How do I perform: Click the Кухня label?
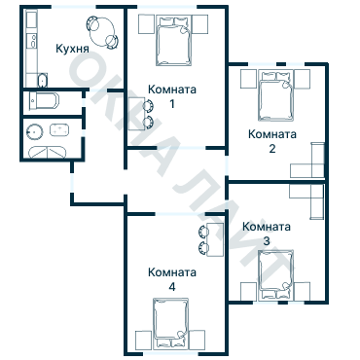[72, 49]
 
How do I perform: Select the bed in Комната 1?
[173, 40]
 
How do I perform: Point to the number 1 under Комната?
[172, 104]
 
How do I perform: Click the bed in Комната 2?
[276, 96]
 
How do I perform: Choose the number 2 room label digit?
[272, 149]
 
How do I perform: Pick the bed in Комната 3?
[276, 274]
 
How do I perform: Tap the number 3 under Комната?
[267, 241]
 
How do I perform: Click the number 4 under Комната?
[172, 287]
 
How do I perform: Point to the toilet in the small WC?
[44, 101]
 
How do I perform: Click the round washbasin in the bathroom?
[34, 132]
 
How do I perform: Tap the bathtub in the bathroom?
[48, 152]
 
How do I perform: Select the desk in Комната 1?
[136, 114]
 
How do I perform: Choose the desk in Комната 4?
[215, 239]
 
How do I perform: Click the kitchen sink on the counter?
[33, 41]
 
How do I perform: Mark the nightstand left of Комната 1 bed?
[146, 24]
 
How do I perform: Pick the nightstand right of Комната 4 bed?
[197, 340]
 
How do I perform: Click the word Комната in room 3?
[267, 227]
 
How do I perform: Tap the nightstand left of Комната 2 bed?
[248, 79]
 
